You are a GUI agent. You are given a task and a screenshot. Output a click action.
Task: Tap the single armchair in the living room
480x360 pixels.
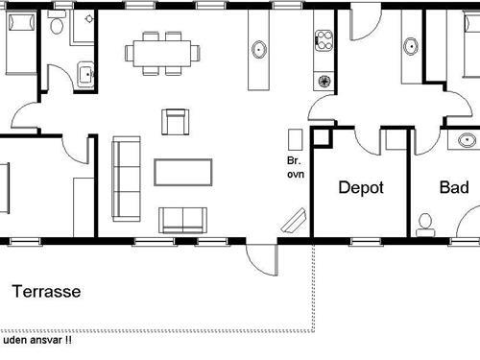coord(175,122)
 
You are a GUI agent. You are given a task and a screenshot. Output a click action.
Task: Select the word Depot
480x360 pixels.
coord(361,188)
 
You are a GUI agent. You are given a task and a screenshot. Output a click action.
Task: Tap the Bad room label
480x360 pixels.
coord(454,188)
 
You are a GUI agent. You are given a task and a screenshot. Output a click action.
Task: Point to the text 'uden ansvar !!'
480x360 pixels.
coord(37,340)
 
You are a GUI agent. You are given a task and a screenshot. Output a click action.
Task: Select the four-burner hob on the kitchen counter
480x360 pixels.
coord(321,42)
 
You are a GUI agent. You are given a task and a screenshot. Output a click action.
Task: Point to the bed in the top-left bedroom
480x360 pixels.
coord(17,43)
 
